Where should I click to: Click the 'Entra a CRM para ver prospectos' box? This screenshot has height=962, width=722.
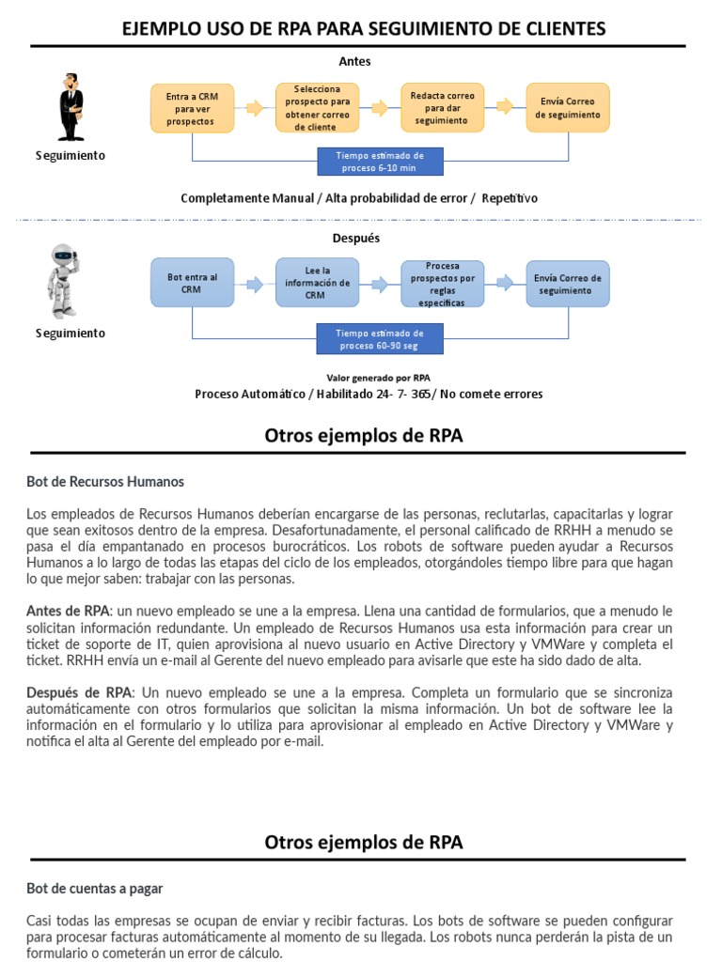[x=192, y=108]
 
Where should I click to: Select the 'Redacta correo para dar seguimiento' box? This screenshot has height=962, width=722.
[x=442, y=108]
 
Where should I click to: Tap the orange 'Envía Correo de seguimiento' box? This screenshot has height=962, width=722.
[x=567, y=108]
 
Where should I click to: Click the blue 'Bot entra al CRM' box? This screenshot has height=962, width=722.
[x=192, y=283]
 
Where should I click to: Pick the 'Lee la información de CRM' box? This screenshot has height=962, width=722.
[x=317, y=283]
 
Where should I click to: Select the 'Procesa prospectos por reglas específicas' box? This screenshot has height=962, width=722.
[x=442, y=283]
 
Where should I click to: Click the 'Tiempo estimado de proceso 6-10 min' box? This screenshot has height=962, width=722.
[x=380, y=162]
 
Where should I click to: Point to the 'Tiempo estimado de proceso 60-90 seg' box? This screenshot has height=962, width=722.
[x=380, y=339]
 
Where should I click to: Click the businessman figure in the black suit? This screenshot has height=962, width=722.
[x=71, y=107]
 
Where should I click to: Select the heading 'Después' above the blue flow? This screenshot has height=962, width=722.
[x=356, y=238]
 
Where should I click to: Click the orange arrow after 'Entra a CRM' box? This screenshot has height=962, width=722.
[x=254, y=108]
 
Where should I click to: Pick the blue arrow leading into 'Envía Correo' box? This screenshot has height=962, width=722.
[x=505, y=283]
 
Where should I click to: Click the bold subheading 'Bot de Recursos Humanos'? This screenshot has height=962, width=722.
[x=105, y=482]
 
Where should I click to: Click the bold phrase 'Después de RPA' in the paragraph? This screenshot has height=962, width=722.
[x=80, y=692]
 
